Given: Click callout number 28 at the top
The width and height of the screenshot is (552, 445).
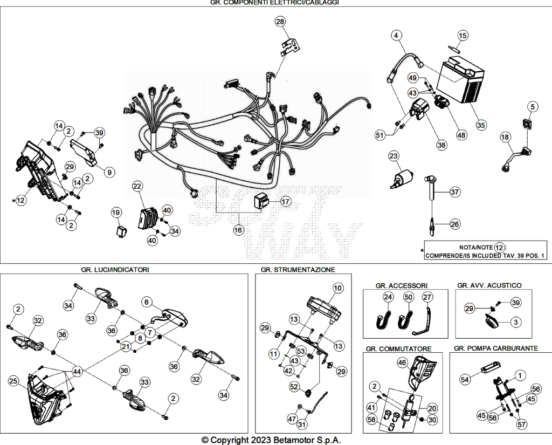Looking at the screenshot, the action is point(280,22).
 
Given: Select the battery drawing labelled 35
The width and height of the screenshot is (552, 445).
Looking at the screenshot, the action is point(460,81).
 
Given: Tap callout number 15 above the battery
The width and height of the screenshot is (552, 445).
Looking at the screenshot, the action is point(463,36).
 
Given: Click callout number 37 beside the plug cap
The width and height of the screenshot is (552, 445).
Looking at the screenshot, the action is point(455,192).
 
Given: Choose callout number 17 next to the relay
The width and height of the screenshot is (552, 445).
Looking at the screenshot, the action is point(286,202).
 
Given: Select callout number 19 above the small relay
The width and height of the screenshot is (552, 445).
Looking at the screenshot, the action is point(116,213).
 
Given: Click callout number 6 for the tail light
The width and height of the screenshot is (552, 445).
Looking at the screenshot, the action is point(147,302).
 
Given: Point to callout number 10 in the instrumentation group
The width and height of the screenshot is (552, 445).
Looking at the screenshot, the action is point(337,288).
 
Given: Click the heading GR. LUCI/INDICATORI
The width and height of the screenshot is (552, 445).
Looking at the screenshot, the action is point(115,270).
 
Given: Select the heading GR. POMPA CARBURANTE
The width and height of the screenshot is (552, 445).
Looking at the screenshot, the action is point(496,348).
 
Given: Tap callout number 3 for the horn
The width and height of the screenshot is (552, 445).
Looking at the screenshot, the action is point(516,321).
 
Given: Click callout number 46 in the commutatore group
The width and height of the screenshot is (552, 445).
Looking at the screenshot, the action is point(402,362).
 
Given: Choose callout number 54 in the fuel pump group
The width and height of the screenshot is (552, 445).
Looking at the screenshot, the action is point(465,379).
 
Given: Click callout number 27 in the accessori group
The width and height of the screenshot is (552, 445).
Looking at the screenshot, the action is point(427,297).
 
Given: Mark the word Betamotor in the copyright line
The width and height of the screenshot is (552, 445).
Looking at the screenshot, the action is point(294,440).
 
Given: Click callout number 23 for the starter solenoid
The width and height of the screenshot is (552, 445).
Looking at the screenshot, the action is point(393,156).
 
